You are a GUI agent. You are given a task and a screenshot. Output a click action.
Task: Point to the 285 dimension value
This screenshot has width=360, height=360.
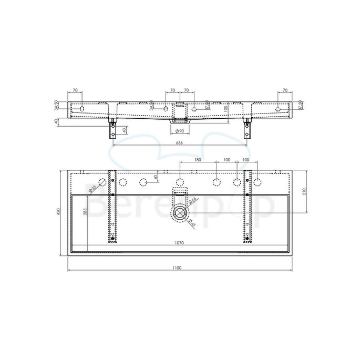click(x=85, y=212)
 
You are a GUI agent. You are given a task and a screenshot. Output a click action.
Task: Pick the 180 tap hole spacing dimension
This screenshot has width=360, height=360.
click(x=198, y=159)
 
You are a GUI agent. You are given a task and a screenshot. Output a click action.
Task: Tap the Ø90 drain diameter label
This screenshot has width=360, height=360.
click(x=179, y=130)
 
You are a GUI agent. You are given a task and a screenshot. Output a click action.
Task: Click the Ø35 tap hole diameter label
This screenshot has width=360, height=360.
click(x=94, y=188)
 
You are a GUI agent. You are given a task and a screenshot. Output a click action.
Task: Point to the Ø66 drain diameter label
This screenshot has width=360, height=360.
click(x=192, y=200)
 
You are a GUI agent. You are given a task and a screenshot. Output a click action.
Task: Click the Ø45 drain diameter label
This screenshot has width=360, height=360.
click(x=192, y=224)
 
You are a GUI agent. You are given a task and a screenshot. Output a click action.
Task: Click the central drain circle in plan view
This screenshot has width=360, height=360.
click(x=180, y=212)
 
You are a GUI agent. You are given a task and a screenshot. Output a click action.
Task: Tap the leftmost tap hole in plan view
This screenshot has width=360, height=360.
click(x=102, y=182)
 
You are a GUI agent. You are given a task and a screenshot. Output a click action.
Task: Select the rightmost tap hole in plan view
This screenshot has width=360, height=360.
click(x=257, y=182)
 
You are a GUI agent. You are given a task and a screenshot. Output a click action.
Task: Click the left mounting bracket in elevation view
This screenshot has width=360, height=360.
click(x=112, y=129)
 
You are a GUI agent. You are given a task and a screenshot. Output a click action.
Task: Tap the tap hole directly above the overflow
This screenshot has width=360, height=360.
click(x=180, y=182)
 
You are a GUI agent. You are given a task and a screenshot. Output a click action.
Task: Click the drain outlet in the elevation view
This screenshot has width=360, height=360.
click(x=179, y=120)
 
